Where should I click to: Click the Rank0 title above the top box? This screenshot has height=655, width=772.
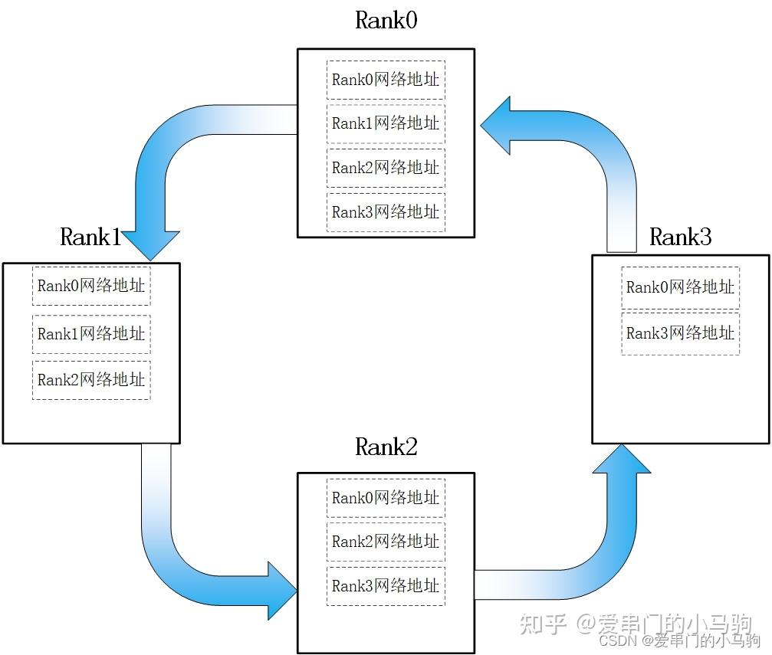pos(386,21)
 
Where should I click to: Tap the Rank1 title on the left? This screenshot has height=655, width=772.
pos(90,237)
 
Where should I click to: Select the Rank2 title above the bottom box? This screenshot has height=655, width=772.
pos(386,447)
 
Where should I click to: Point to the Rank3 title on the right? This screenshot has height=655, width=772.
pos(680,237)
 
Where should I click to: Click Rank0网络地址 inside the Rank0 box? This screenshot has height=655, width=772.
pos(386,79)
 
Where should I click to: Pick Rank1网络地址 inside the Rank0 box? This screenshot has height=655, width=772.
pos(386,123)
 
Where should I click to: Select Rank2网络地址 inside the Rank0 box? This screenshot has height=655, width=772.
pos(386,168)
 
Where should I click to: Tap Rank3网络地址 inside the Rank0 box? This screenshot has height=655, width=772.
pos(386,212)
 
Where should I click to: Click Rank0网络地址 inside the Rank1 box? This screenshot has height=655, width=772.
pos(91,287)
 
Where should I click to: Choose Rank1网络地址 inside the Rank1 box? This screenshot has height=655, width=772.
pos(91,334)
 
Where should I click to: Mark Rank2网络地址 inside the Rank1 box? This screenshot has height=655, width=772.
pos(91,379)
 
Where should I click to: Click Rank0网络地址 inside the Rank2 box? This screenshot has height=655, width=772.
pos(386,498)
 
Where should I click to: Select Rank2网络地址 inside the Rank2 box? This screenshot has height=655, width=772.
pos(386,542)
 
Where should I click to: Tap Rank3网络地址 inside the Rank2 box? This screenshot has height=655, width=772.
pos(386,586)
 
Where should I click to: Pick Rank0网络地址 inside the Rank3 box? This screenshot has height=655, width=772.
pos(680,287)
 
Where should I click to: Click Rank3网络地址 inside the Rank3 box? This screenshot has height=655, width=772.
pos(680,333)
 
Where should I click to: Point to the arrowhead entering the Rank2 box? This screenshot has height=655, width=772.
pos(281,590)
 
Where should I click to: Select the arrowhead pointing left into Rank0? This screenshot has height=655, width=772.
pos(498,126)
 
